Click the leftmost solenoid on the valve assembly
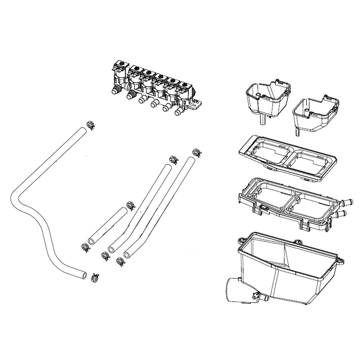[x=120, y=74]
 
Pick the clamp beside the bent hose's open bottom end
[x=95, y=277]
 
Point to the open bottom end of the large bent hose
[x=84, y=275]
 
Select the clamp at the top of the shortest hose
[x=131, y=206]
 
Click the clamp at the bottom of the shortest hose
[x=85, y=247]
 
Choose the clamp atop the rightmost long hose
[x=197, y=153]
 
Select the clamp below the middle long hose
[x=105, y=256]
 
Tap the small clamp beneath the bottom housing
[x=256, y=296]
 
